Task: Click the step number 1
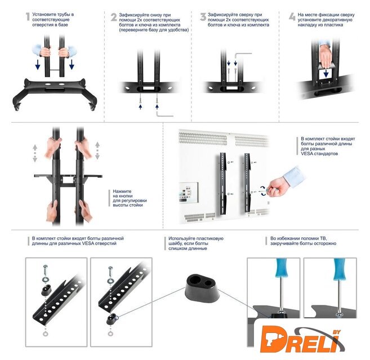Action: tap(28, 17)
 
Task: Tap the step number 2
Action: tap(114, 17)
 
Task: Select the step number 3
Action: tap(203, 17)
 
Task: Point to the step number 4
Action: tap(292, 17)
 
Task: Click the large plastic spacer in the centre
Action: tap(202, 289)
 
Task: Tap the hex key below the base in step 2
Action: tap(164, 114)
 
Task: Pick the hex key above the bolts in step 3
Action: tap(243, 56)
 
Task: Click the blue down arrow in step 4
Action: tap(326, 73)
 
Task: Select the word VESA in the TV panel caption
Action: tap(307, 154)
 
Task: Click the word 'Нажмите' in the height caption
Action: tap(122, 191)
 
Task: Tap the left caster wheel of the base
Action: tap(17, 108)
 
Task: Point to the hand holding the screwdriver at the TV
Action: tap(279, 187)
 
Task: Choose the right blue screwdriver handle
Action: tap(340, 269)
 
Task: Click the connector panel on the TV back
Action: tap(189, 192)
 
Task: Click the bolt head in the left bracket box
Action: tap(46, 267)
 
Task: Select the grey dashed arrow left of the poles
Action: tap(35, 153)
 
